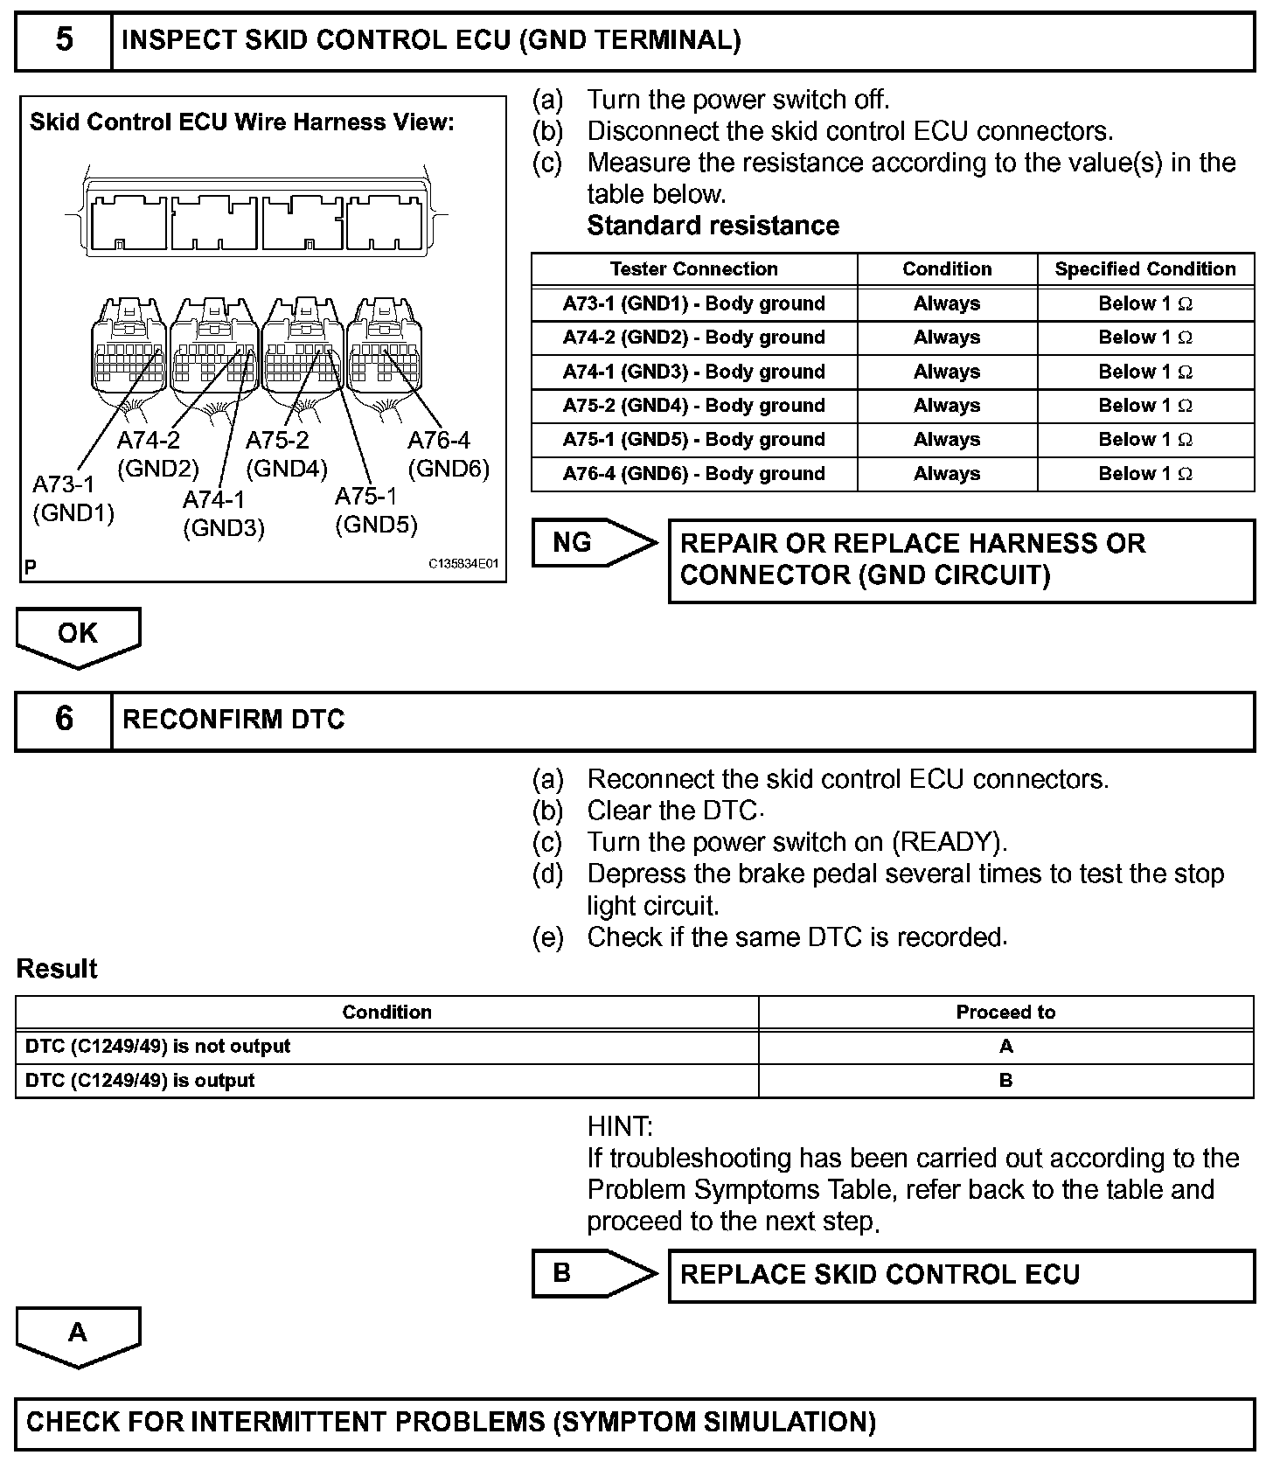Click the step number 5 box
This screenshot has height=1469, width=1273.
[65, 41]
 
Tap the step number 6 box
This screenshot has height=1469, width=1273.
[65, 720]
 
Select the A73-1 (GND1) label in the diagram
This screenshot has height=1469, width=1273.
[73, 498]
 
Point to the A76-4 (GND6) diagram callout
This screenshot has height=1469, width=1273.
[449, 455]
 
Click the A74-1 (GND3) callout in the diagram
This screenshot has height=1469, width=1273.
[224, 513]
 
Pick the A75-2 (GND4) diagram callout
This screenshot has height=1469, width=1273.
[286, 455]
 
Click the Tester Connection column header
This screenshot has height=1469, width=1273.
[693, 269]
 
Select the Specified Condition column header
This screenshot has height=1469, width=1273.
[1144, 269]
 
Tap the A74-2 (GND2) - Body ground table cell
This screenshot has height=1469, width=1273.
[693, 338]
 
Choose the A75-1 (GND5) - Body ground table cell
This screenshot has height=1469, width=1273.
[693, 440]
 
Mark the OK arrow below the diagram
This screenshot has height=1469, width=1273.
[78, 635]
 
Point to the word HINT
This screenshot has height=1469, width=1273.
[619, 1126]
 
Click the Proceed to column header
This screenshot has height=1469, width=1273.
[1005, 1013]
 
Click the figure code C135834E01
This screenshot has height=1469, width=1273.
[463, 564]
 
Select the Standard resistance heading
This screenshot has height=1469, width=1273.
[713, 226]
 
